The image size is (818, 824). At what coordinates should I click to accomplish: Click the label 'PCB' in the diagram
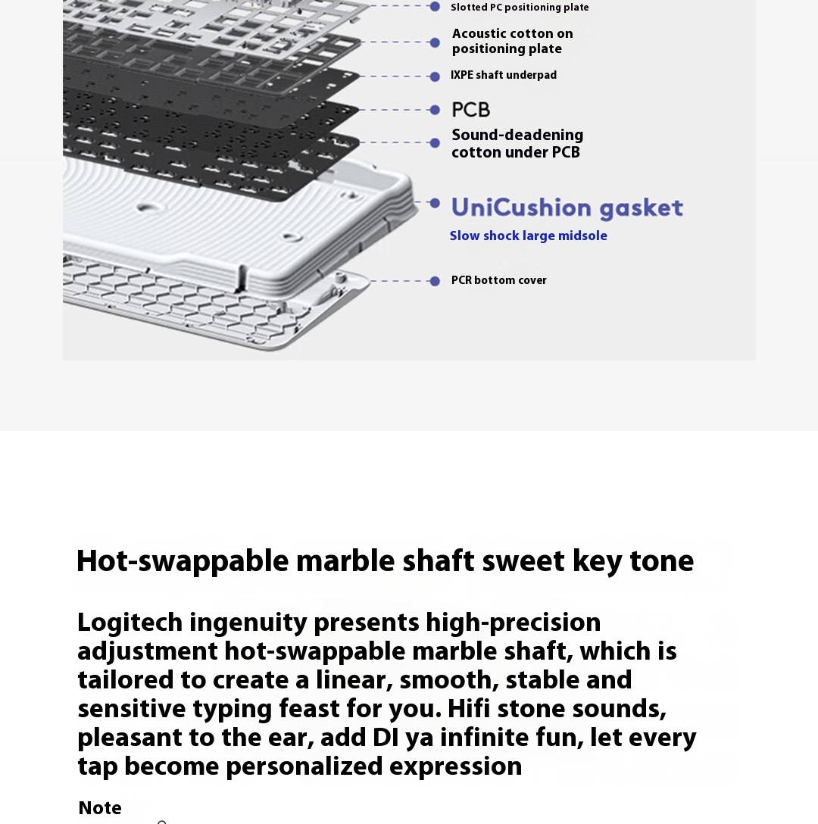coord(470,110)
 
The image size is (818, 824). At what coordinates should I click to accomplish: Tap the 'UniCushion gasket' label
coord(567,208)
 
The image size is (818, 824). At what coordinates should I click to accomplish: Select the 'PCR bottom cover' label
coord(498,280)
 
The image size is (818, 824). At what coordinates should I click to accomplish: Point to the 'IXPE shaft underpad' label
coord(503,75)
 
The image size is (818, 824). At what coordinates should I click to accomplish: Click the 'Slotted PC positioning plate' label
coord(519,8)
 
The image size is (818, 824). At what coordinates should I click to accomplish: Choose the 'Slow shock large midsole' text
coord(528,236)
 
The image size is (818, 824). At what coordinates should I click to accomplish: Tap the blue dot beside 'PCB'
coord(435,110)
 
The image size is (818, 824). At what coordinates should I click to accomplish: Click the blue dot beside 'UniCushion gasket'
coord(435,203)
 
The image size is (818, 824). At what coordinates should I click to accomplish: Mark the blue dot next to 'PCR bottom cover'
coord(435,281)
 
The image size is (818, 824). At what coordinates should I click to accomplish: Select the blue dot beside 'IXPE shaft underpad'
coord(435,76)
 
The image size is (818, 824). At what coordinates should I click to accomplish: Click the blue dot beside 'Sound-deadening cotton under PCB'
coord(435,142)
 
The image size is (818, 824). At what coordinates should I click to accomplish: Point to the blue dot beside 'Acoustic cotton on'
coord(435,42)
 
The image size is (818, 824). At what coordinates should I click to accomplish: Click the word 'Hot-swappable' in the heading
coord(182,562)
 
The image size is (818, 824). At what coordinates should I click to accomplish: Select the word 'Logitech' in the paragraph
coord(130,623)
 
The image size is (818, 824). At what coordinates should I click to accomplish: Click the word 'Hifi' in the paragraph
coord(469,710)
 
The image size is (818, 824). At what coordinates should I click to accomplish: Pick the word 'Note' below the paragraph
coord(100,808)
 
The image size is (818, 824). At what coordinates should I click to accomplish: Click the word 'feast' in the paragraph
coord(309,710)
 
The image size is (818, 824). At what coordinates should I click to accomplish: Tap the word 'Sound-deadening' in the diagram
coord(517,136)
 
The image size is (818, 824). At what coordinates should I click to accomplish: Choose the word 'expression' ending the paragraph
coord(455,767)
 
